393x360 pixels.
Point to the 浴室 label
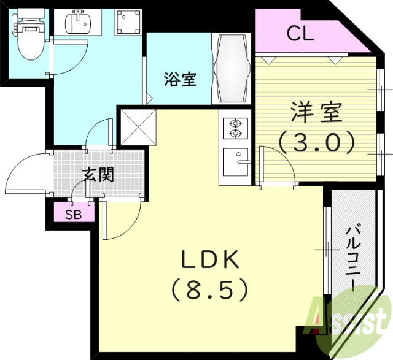180,79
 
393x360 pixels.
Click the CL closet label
300,33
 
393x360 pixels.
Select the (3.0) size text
317,143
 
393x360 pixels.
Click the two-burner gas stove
235,128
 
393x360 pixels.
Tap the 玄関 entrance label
98,175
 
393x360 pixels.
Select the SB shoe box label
74,213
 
